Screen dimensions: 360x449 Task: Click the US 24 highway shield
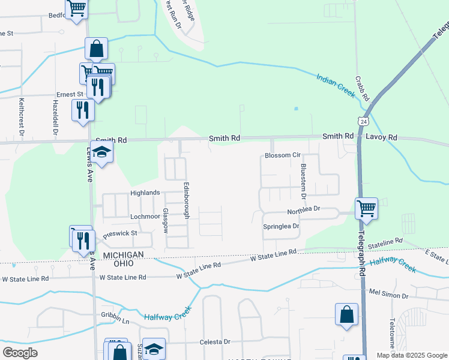click(x=363, y=121)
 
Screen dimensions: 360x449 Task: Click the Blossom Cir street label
click(x=282, y=155)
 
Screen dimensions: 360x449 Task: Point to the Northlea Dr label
click(x=304, y=211)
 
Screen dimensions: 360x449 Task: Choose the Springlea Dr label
click(x=281, y=226)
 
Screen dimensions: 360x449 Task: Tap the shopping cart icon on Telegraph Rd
click(x=366, y=208)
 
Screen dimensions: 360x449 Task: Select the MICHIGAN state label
click(x=123, y=255)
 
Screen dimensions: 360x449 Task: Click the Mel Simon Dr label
click(x=388, y=296)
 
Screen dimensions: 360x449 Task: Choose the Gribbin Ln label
click(x=115, y=317)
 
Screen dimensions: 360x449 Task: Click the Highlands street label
click(x=145, y=193)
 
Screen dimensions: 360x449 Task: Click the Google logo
click(x=20, y=353)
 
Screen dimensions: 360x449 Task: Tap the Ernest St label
click(x=70, y=95)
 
